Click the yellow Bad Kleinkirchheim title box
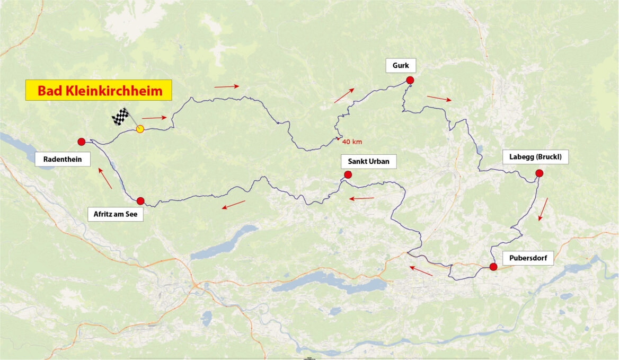[x=99, y=91]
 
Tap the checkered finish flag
[x=121, y=117]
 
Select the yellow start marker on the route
[x=140, y=129]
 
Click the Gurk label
[x=401, y=66]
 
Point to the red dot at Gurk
[x=410, y=80]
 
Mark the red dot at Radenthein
[x=81, y=142]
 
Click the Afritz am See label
[x=115, y=215]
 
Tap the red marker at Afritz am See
[x=140, y=201]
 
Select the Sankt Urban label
[x=369, y=161]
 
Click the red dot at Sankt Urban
[x=348, y=174]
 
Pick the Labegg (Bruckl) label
[x=535, y=157]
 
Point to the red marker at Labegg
[x=539, y=173]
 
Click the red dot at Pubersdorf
[x=493, y=267]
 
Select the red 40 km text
[x=352, y=142]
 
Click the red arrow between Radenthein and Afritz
[x=105, y=179]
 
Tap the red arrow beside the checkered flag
[x=154, y=118]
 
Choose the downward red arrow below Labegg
[x=543, y=209]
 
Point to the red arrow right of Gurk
[x=439, y=98]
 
